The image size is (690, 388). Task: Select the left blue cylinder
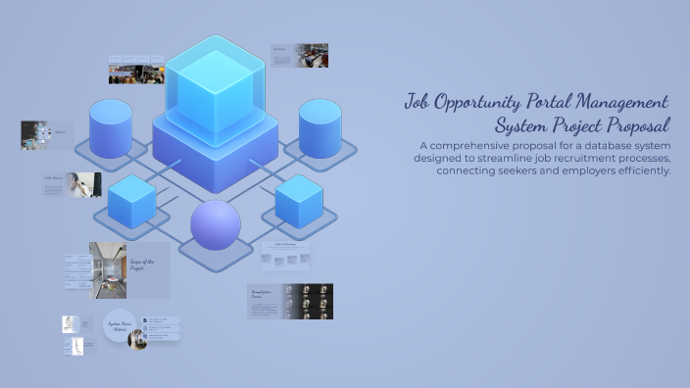(x=111, y=127)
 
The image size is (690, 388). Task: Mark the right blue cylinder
(x=320, y=127)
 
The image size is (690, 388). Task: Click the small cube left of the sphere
(x=132, y=201)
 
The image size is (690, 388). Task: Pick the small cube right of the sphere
(x=299, y=201)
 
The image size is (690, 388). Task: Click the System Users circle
(x=119, y=326)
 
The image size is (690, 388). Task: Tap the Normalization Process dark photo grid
(x=307, y=302)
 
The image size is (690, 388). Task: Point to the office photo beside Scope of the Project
(x=108, y=269)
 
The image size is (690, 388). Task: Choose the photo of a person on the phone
(x=84, y=184)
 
